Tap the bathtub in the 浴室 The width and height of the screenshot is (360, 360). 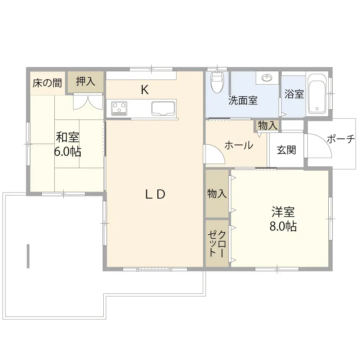point(317,94)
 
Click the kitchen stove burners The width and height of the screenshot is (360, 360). point(119,108)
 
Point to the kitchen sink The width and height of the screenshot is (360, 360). point(163,108)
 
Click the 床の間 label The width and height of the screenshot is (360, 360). point(47,83)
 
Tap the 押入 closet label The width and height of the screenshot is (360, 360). point(85,81)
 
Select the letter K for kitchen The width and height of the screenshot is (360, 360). point(145,90)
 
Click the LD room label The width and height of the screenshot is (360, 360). point(155,194)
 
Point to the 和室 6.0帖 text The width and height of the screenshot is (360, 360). point(68,144)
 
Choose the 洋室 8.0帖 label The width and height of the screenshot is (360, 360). point(283,219)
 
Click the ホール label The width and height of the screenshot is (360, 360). point(239,145)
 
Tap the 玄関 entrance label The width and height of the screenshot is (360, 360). point(286,150)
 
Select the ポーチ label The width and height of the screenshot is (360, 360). point(341,139)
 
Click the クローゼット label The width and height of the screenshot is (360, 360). point(217,244)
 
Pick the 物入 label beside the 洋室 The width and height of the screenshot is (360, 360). point(217,194)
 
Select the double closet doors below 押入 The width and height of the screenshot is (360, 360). point(88,102)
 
